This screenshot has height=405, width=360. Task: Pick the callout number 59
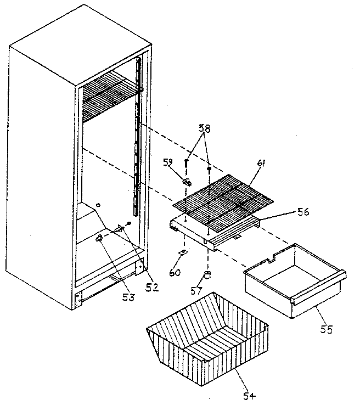click(169, 162)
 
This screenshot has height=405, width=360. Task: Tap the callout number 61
click(261, 164)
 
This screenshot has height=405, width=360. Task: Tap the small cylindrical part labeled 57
click(208, 274)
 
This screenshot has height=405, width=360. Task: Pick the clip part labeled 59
click(187, 181)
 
